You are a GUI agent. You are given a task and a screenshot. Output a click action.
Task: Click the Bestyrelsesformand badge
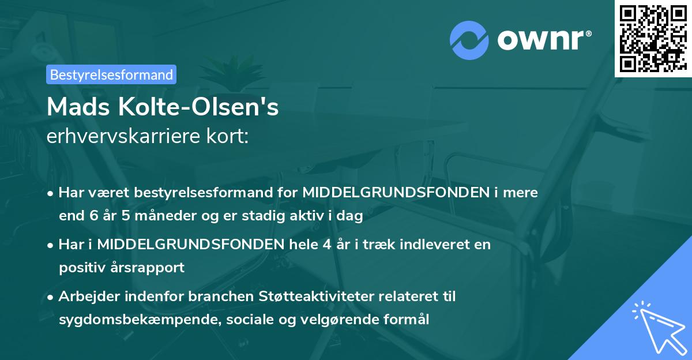(111, 74)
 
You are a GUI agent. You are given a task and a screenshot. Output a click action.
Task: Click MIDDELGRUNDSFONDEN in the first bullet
(396, 193)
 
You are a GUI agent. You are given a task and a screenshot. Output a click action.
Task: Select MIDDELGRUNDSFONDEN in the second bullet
(190, 244)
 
